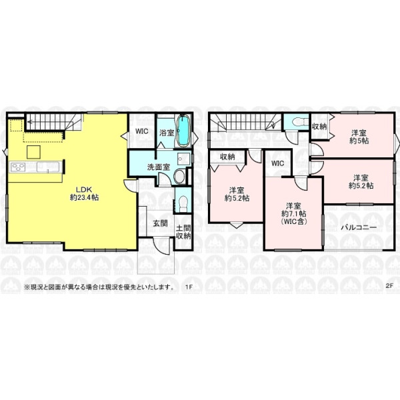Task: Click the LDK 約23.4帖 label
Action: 85,193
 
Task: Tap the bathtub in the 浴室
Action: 183,131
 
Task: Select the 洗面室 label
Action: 159,167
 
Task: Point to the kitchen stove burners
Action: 17,167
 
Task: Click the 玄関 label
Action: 161,223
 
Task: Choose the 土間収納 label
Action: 183,232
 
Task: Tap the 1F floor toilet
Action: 183,204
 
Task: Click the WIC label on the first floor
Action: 141,131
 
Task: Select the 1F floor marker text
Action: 189,287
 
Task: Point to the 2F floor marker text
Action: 389,285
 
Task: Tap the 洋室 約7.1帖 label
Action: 293,213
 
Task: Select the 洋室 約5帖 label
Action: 359,137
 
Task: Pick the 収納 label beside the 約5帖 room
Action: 319,126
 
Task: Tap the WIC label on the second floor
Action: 278,163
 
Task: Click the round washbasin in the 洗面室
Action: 179,177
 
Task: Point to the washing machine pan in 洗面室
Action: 183,159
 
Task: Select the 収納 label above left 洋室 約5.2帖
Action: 227,157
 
